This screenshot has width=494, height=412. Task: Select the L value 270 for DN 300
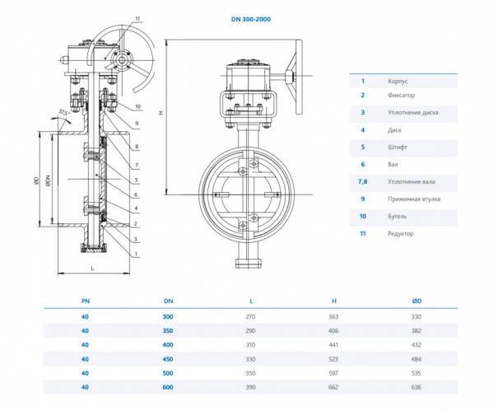pyautogui.click(x=251, y=316)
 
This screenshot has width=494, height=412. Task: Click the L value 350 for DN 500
pyautogui.click(x=251, y=373)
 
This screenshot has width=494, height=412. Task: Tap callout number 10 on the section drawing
pyautogui.click(x=137, y=106)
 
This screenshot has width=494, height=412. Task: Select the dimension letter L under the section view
pyautogui.click(x=92, y=269)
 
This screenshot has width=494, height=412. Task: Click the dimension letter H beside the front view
pyautogui.click(x=161, y=113)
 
